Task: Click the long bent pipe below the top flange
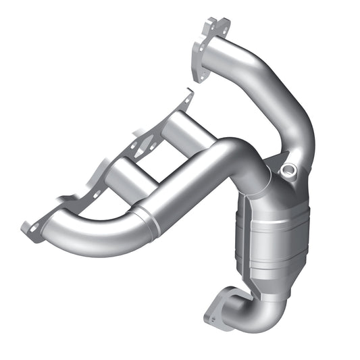click(284, 101)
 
